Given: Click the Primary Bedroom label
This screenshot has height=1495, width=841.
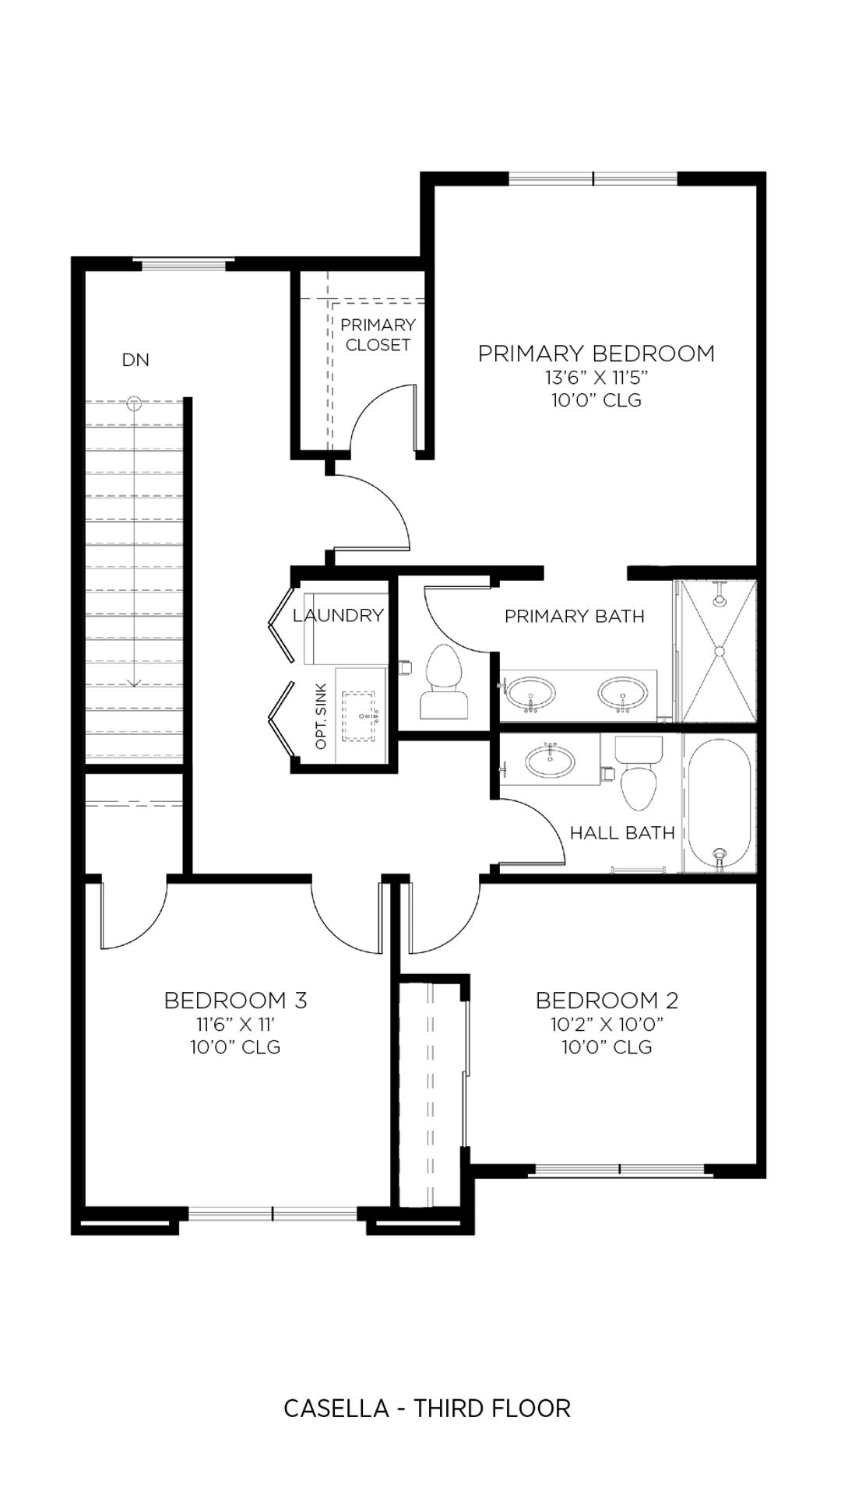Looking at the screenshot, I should point(596,354).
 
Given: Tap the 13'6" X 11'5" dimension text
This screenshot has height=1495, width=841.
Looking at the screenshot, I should point(596,379).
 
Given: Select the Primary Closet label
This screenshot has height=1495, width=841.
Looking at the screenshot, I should point(378,335).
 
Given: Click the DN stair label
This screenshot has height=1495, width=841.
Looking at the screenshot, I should point(135,360).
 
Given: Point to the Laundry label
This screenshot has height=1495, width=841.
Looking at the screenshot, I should point(338,615).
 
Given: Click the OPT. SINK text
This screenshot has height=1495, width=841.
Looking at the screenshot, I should point(322,716).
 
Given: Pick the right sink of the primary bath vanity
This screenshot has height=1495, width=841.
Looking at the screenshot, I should point(622,692).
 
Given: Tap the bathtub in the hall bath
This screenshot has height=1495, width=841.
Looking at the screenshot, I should point(720,804).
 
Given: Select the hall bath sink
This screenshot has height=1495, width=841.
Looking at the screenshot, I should point(550,762).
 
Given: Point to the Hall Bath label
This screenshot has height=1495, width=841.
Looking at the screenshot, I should point(622,833).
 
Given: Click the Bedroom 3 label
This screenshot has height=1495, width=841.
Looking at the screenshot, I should point(235,1000).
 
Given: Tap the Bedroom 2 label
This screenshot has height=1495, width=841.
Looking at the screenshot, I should point(607,1000).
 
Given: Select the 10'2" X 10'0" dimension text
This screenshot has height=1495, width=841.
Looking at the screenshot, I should point(607,1024).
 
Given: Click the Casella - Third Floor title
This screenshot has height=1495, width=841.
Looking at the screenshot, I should point(427,1408).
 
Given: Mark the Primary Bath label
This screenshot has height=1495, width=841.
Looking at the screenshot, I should point(574,617).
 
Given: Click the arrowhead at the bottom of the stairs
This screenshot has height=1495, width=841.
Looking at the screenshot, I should point(135,683).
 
